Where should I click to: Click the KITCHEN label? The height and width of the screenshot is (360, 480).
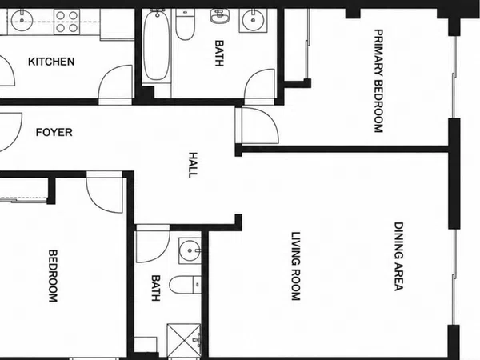[51, 62]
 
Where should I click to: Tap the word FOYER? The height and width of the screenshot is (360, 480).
[54, 132]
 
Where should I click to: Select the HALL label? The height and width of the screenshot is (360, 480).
[193, 165]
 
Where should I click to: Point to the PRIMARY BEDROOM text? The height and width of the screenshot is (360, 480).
[378, 81]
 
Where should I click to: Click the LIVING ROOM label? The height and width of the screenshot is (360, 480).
[296, 266]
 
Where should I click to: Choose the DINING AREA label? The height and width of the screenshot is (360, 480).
[398, 256]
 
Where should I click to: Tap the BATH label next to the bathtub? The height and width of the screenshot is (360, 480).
[219, 54]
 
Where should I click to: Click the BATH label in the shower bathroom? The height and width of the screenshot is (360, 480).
[156, 288]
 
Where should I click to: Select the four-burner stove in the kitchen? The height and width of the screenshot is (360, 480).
[66, 22]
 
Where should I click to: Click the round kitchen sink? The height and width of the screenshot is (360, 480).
[22, 21]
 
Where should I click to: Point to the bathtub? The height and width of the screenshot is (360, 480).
[157, 45]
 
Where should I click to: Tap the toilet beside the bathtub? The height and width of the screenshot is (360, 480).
[186, 24]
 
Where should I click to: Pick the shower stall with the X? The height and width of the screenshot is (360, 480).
[184, 340]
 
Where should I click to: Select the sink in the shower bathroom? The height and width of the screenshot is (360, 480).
[190, 250]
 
